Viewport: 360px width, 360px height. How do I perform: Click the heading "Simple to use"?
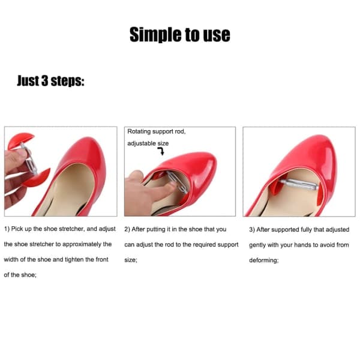pyautogui.click(x=180, y=35)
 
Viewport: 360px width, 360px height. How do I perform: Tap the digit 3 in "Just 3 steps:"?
pyautogui.click(x=44, y=81)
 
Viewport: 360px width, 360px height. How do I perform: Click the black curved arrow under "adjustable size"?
pyautogui.click(x=161, y=151)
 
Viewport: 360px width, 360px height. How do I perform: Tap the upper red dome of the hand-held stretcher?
pyautogui.click(x=20, y=140)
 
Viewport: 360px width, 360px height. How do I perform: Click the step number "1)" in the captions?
pyautogui.click(x=7, y=229)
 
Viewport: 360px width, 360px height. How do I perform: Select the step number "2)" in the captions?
pyautogui.click(x=127, y=229)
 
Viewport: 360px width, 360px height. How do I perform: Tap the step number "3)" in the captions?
pyautogui.click(x=252, y=230)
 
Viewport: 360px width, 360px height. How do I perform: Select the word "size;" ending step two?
pyautogui.click(x=131, y=260)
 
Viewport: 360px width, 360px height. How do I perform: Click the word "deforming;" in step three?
pyautogui.click(x=264, y=260)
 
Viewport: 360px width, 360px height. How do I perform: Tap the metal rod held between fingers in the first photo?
pyautogui.click(x=29, y=159)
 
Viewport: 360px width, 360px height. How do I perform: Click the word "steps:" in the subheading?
pyautogui.click(x=67, y=81)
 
